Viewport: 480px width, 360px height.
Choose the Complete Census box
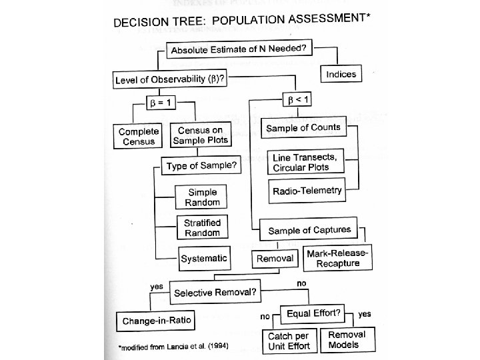coord(139,136)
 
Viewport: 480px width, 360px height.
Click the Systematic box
coord(203,257)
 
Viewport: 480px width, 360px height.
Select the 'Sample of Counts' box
coord(304,127)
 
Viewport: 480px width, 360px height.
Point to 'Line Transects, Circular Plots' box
coord(307,161)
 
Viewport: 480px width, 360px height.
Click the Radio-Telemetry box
coord(308,191)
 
